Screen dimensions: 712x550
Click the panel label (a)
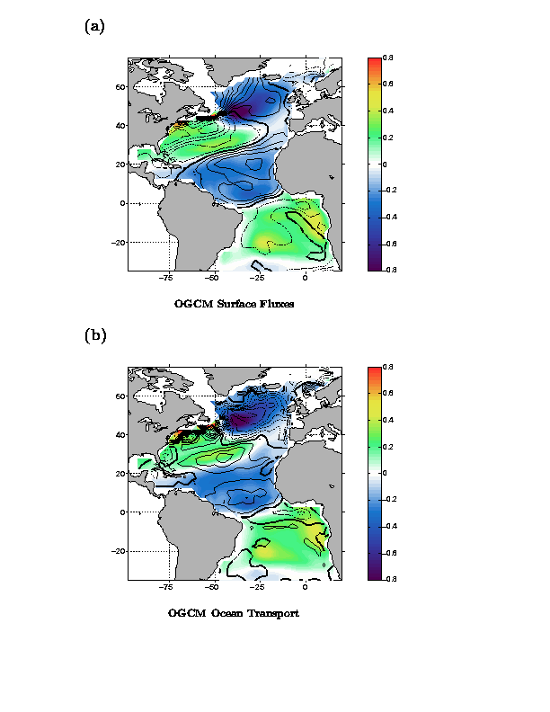point(94,26)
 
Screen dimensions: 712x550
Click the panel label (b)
point(94,335)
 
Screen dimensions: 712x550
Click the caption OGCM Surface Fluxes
point(234,304)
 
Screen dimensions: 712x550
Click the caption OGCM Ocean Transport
point(234,613)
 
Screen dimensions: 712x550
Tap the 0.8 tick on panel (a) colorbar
point(387,58)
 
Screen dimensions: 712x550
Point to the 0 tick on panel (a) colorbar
point(386,165)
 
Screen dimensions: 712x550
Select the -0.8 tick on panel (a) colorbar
point(387,270)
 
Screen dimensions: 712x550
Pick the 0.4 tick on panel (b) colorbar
point(387,420)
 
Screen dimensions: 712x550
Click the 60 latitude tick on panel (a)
point(118,87)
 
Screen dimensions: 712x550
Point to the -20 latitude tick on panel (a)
point(116,242)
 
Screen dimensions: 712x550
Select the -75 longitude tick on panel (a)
point(166,279)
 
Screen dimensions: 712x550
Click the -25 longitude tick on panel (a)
point(259,279)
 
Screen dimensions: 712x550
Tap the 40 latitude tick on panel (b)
point(118,435)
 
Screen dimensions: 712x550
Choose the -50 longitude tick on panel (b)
point(212,588)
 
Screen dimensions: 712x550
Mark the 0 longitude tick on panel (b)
point(306,588)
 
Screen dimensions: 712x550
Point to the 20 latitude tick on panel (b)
point(118,474)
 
